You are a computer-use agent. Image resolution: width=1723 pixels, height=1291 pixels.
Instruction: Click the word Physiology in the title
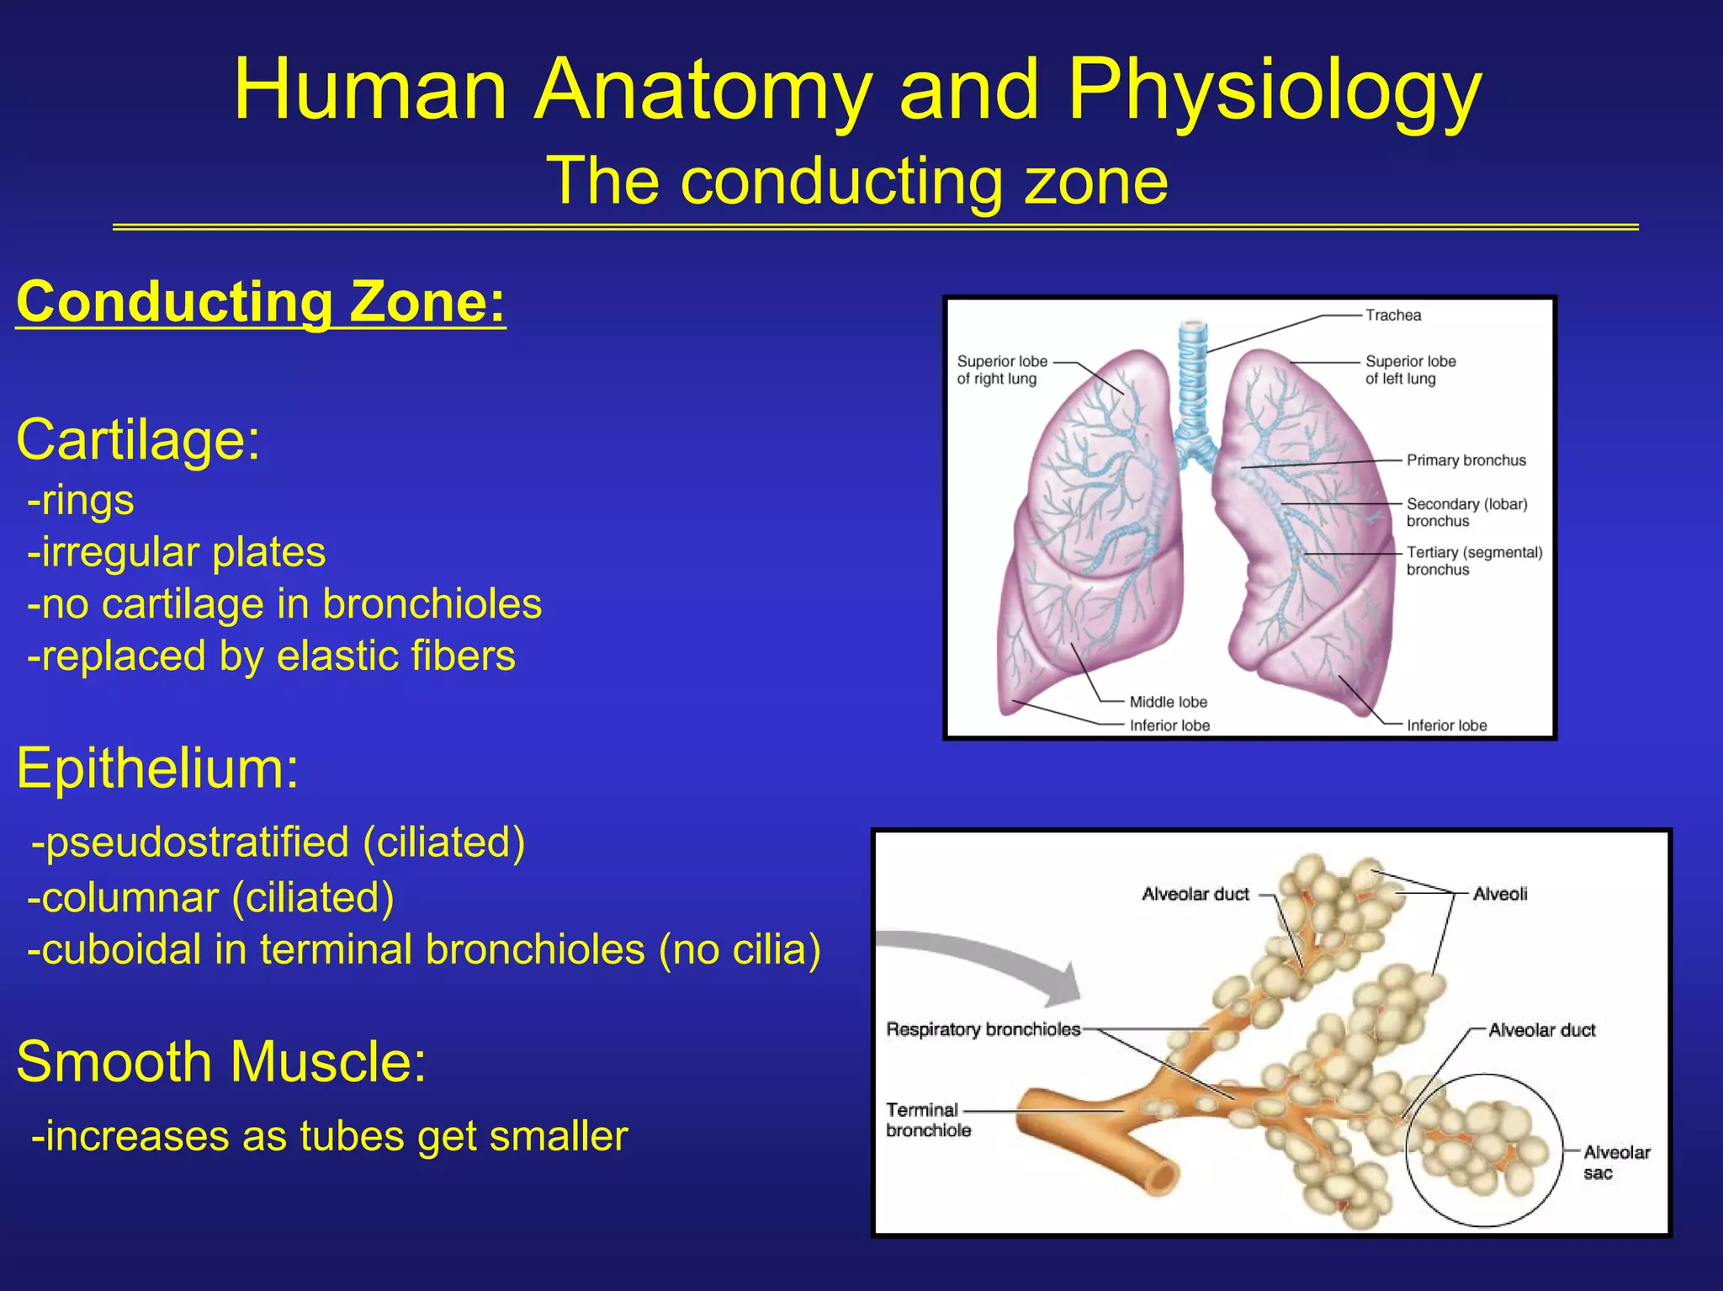tap(1274, 91)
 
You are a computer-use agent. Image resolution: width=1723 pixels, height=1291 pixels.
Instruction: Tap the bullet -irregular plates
tap(176, 553)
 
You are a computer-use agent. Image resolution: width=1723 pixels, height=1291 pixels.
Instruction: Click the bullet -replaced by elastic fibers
tap(271, 656)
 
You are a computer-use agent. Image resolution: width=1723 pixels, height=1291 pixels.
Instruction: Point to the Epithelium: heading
tap(157, 768)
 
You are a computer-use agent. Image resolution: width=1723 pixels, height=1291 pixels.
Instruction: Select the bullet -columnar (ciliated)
tap(210, 897)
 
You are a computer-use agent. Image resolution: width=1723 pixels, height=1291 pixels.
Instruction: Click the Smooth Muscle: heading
tap(221, 1061)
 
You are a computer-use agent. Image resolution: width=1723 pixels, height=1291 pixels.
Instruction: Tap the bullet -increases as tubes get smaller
tap(329, 1136)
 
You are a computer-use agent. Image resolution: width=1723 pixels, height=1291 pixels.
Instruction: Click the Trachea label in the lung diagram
tap(1392, 316)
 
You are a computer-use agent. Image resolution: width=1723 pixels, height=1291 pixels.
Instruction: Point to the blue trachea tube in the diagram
tap(1193, 379)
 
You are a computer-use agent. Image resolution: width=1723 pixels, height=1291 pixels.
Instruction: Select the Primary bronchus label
tap(1466, 460)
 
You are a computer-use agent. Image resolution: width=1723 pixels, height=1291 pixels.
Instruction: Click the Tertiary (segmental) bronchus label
tap(1473, 560)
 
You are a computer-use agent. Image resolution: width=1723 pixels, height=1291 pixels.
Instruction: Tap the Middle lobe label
tap(1168, 702)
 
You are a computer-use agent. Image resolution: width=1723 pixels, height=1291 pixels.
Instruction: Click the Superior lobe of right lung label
tap(1001, 369)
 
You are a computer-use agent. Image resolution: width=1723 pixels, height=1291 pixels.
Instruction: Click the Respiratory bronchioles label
tap(983, 1029)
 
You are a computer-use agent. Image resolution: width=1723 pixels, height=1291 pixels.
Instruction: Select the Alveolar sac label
tap(1615, 1162)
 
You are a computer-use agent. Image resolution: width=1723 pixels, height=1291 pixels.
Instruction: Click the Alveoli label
tap(1500, 895)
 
